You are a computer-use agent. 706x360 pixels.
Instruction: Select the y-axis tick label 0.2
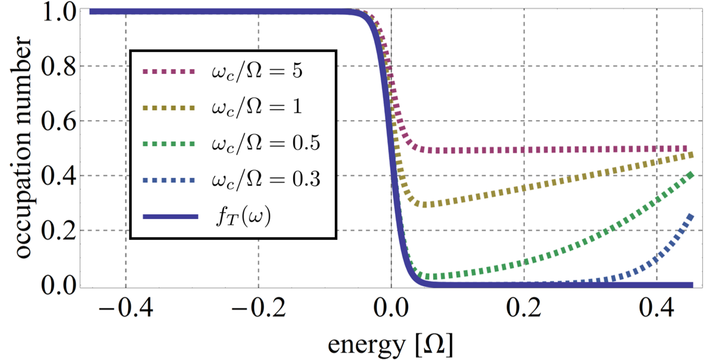click(x=58, y=231)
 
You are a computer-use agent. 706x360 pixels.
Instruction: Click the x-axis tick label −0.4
click(x=126, y=307)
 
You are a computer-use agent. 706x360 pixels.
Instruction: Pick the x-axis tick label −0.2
click(x=259, y=307)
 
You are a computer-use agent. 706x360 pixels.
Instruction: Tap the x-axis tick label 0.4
click(x=657, y=307)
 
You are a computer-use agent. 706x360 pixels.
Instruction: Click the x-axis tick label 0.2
click(x=524, y=307)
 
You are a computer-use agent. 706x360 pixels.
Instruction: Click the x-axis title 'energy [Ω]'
click(x=390, y=344)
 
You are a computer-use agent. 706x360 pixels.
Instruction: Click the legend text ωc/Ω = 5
click(x=257, y=71)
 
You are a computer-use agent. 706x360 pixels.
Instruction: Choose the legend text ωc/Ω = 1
click(x=257, y=107)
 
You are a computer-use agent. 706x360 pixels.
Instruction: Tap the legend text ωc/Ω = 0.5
click(x=266, y=143)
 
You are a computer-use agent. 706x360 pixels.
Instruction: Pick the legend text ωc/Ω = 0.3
click(x=266, y=180)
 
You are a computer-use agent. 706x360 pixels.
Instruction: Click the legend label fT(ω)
click(x=243, y=216)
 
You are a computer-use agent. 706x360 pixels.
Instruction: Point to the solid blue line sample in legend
click(x=170, y=216)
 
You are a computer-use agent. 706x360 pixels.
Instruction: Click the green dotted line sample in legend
click(x=169, y=144)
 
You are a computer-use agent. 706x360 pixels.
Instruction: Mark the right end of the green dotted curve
click(x=691, y=174)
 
